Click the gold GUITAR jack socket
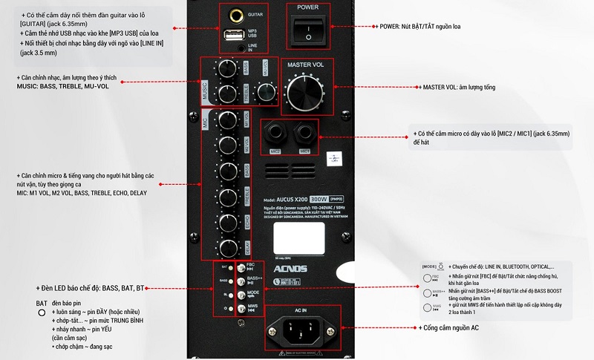(238, 14)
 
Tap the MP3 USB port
(232, 33)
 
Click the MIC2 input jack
(276, 136)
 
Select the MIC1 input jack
(304, 136)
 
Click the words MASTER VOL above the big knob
(306, 65)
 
